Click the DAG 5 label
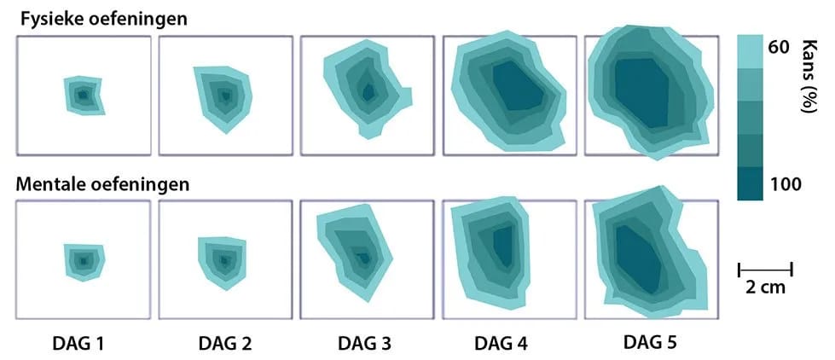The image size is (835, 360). point(650,342)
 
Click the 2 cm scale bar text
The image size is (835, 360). point(765,287)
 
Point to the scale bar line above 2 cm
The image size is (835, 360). point(765,270)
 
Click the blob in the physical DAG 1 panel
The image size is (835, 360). point(83,96)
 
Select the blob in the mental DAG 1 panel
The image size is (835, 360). point(84,260)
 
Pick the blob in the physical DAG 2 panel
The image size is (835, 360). point(223,96)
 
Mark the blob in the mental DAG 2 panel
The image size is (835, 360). point(223,260)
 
